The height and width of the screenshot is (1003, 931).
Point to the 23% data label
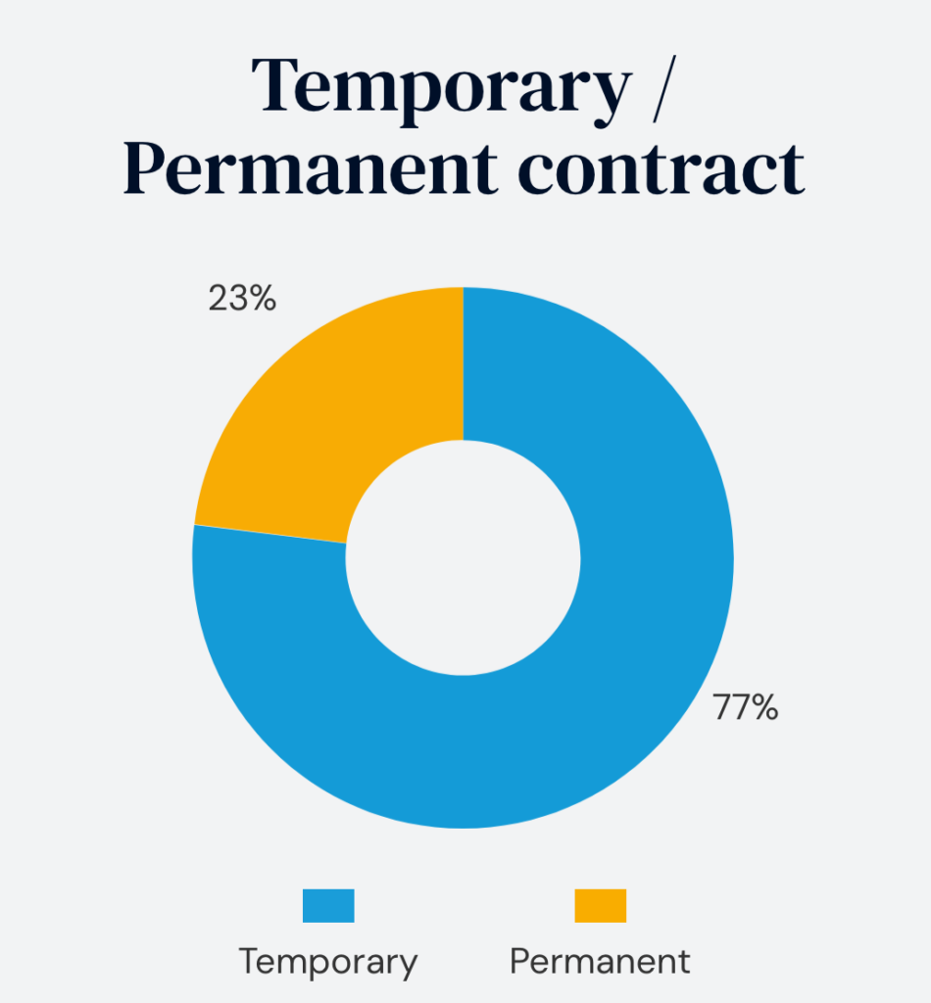pos(242,299)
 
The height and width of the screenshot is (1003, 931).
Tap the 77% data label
pos(745,707)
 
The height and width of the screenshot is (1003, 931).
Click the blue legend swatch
pos(328,905)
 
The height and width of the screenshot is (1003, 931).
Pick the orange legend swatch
pos(600,905)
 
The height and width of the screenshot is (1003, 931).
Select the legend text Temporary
pos(328,961)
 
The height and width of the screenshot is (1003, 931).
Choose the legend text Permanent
pos(600,961)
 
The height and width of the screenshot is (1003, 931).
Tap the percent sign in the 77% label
pos(765,707)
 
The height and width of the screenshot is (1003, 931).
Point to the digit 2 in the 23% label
pos(219,299)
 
